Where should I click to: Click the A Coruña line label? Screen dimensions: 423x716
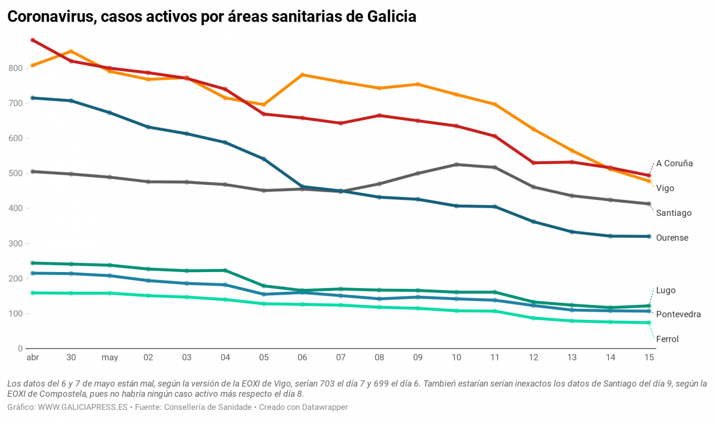click(x=674, y=163)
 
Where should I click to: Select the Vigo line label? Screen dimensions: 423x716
click(x=665, y=188)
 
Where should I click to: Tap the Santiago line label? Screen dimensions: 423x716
click(x=673, y=212)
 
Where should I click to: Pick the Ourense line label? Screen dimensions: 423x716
click(x=672, y=237)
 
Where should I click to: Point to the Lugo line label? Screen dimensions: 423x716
click(x=666, y=291)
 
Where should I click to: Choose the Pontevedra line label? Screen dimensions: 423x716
click(x=678, y=314)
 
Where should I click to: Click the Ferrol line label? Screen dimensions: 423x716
click(x=667, y=339)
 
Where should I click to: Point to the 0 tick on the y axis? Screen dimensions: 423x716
click(x=20, y=348)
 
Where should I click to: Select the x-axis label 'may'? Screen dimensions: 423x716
click(x=110, y=358)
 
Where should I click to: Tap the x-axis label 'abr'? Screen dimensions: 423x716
click(x=32, y=358)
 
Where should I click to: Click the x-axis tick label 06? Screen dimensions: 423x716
click(x=302, y=358)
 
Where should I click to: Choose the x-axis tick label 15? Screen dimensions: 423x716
click(x=649, y=358)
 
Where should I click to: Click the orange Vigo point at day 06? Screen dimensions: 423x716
click(x=302, y=75)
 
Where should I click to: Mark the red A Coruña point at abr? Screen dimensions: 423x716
click(x=33, y=40)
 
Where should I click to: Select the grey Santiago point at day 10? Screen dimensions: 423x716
click(x=456, y=165)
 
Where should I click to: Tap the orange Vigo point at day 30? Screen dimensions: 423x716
click(x=71, y=51)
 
